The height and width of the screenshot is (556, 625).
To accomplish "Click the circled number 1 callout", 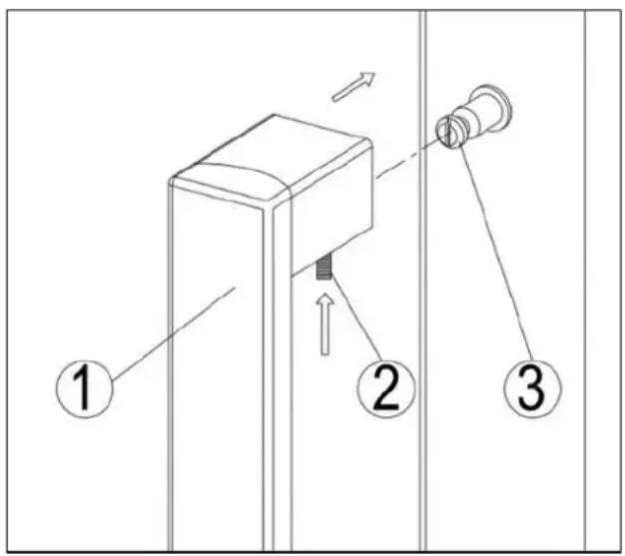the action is [85, 388].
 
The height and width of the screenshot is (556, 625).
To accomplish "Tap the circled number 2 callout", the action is [385, 388].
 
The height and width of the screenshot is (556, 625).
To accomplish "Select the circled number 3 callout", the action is [532, 388].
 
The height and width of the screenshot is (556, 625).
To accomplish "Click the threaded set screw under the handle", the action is [324, 269].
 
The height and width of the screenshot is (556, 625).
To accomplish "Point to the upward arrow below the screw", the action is [325, 324].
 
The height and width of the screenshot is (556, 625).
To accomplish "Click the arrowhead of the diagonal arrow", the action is [367, 78].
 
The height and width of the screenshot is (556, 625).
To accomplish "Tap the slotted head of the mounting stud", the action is [448, 132].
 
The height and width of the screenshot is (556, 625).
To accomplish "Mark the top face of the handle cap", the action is [273, 157].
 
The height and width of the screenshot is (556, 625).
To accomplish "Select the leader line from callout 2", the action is [354, 316].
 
